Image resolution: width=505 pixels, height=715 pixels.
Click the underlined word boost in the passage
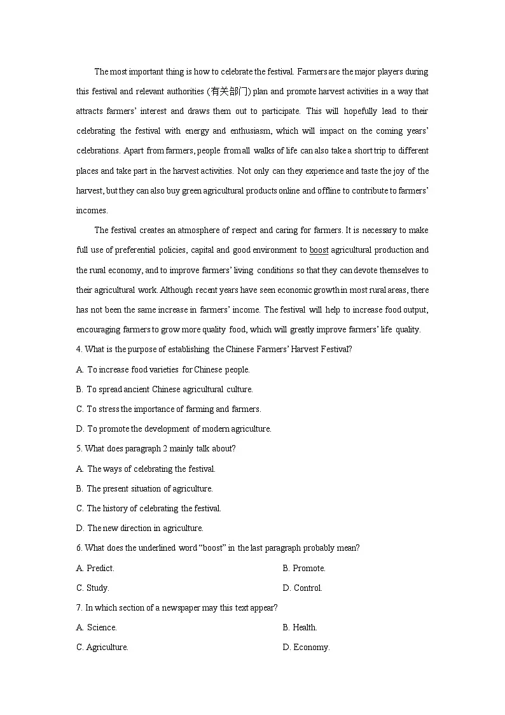(x=319, y=250)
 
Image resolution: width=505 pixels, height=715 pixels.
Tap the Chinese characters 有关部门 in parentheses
(x=229, y=92)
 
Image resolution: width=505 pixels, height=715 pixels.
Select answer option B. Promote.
(x=304, y=568)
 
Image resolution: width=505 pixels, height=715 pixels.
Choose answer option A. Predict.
(x=95, y=568)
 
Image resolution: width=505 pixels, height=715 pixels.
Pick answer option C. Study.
(x=93, y=588)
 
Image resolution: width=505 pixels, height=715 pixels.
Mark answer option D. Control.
(x=303, y=588)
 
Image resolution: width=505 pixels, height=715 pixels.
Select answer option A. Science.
(x=97, y=627)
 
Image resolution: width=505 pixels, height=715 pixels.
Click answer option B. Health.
(x=300, y=627)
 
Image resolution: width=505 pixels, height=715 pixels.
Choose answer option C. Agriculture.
(x=102, y=647)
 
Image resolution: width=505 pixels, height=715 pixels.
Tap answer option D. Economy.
(x=307, y=647)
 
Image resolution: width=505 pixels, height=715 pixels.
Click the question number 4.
(x=78, y=349)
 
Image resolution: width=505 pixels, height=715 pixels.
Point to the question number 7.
(x=78, y=607)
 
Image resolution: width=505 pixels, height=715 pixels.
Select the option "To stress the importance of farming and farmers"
(x=169, y=409)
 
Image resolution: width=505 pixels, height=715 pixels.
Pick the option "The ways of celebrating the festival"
(x=146, y=469)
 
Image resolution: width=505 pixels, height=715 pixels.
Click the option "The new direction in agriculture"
(x=140, y=528)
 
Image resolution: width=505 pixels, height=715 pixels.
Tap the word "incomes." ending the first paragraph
(x=92, y=211)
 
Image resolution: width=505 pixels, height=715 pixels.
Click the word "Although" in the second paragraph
(x=176, y=290)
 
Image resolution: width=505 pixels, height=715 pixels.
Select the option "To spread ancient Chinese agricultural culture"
(x=164, y=389)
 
